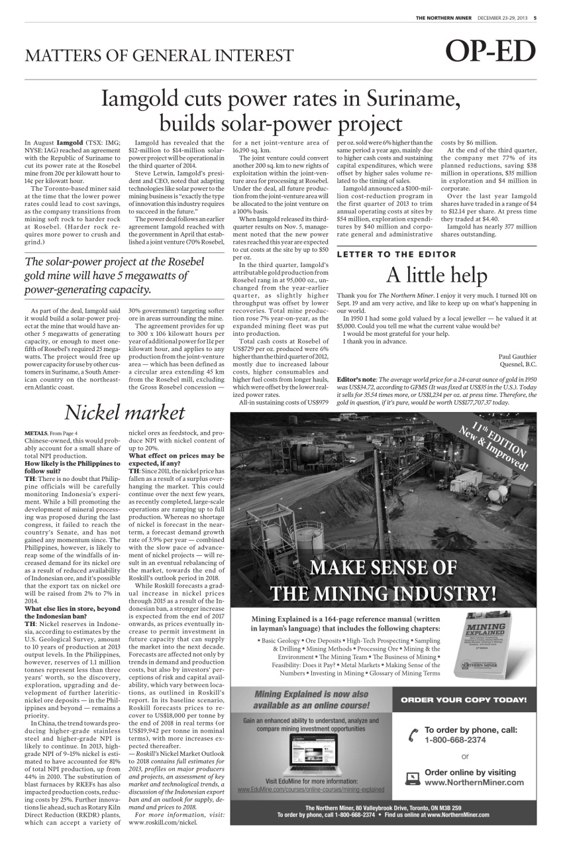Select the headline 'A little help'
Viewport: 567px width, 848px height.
pos(438,274)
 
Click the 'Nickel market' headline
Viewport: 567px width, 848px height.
pos(125,412)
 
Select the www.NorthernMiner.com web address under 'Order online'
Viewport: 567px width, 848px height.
pos(474,782)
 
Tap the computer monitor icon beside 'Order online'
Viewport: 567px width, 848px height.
pos(412,777)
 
